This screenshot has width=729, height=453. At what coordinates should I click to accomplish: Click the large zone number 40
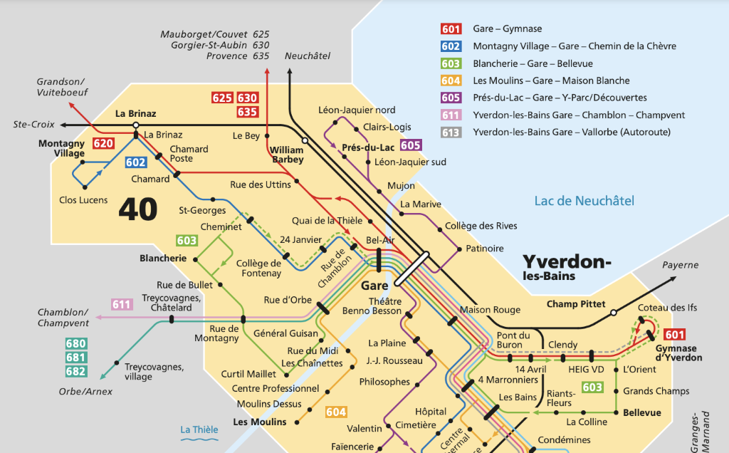tap(138, 208)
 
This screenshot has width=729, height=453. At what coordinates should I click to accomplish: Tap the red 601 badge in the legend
tap(451, 29)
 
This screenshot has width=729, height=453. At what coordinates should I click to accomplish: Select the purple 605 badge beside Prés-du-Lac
tap(411, 145)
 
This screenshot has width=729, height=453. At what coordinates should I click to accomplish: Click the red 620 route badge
tap(103, 144)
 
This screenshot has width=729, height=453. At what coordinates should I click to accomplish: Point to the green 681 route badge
tap(75, 358)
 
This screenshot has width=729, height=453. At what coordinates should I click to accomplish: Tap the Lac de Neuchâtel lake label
tap(584, 201)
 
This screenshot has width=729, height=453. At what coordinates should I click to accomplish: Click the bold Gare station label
tap(375, 286)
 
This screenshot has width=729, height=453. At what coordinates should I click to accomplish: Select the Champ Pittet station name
tap(575, 304)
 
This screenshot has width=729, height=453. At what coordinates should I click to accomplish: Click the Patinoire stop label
tap(484, 249)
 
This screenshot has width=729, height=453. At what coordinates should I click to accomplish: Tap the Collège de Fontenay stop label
tap(259, 268)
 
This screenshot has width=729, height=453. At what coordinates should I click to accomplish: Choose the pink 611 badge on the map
tap(122, 305)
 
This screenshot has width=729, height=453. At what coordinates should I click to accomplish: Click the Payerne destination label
tap(681, 265)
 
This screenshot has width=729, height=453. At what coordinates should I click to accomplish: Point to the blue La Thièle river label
tap(199, 429)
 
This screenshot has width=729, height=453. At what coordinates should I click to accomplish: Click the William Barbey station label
tap(287, 155)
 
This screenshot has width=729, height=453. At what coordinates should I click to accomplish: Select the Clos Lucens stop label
tap(83, 200)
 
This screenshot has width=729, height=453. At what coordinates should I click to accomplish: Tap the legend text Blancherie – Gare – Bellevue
tap(541, 63)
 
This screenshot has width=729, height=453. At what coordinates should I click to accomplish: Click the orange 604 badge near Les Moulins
tap(336, 412)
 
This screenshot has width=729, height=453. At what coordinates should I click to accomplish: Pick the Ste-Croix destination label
tap(33, 125)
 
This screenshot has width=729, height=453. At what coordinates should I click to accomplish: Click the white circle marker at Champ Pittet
tap(613, 312)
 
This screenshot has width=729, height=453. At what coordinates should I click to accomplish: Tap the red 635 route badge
tap(247, 112)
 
